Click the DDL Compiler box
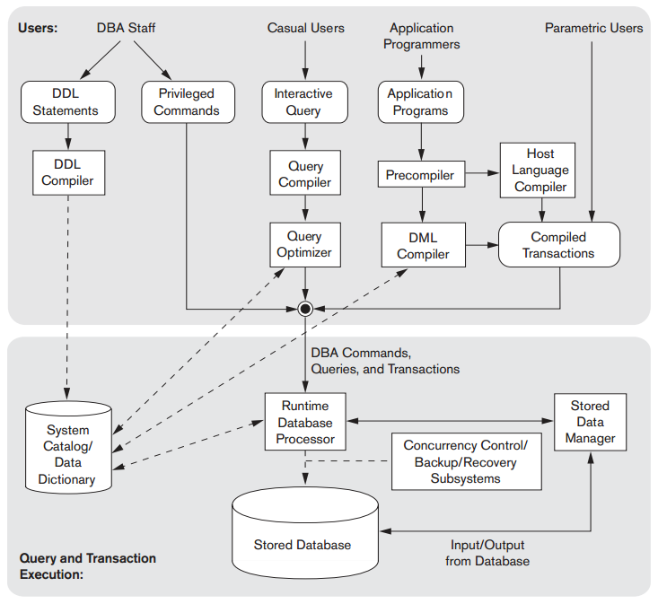pos(68,172)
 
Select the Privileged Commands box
pos(188,102)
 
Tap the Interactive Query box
pos(303,102)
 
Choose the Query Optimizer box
pos(304,244)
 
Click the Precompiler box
pos(420,175)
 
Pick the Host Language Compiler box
pos(540,171)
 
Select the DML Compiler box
pos(423,245)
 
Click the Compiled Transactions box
pos(558,245)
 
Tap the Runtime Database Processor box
pos(305,422)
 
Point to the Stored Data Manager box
pos(590,422)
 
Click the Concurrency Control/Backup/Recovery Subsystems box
pos(466,461)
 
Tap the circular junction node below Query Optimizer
pos(305,309)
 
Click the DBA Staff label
pos(126,28)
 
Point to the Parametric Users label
pos(593,28)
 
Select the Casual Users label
pos(305,28)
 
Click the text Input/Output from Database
pos(487,553)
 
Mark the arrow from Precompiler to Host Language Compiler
pos(483,174)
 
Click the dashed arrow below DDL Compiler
pos(68,296)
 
